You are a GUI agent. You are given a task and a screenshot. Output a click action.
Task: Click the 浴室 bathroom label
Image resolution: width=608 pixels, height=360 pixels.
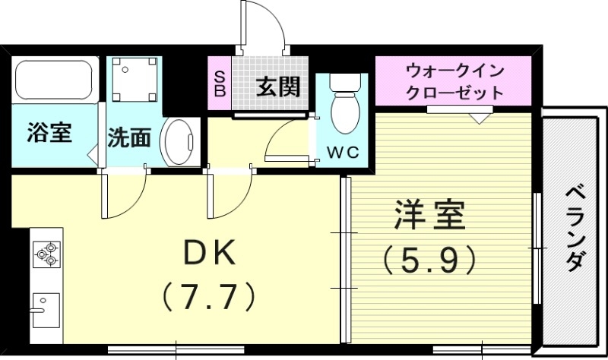point(49,133)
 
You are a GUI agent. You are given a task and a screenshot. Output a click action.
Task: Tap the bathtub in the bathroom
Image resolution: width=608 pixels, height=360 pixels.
point(54,80)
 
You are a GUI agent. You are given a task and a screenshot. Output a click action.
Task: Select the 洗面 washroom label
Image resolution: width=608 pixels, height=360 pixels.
point(128,137)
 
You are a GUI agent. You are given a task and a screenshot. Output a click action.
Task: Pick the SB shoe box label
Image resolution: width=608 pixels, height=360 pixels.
point(220,85)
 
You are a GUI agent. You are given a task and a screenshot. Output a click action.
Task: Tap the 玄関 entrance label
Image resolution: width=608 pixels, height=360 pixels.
point(277,87)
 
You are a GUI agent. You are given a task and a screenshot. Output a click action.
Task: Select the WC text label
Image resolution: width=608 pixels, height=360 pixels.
point(341,152)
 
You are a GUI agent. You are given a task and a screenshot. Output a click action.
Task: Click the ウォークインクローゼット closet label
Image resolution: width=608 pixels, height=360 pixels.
point(455,82)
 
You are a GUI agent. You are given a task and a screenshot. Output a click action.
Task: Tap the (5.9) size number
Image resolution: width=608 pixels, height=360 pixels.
point(429,261)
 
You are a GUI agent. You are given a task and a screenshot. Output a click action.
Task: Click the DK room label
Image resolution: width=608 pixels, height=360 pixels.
point(201,251)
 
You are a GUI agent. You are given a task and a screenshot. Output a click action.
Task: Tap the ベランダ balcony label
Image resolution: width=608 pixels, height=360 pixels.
point(575,228)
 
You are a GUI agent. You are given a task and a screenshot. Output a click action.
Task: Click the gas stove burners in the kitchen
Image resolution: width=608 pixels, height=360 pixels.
point(46,254)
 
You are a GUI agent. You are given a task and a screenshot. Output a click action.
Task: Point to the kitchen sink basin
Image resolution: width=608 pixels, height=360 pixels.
point(46,307)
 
